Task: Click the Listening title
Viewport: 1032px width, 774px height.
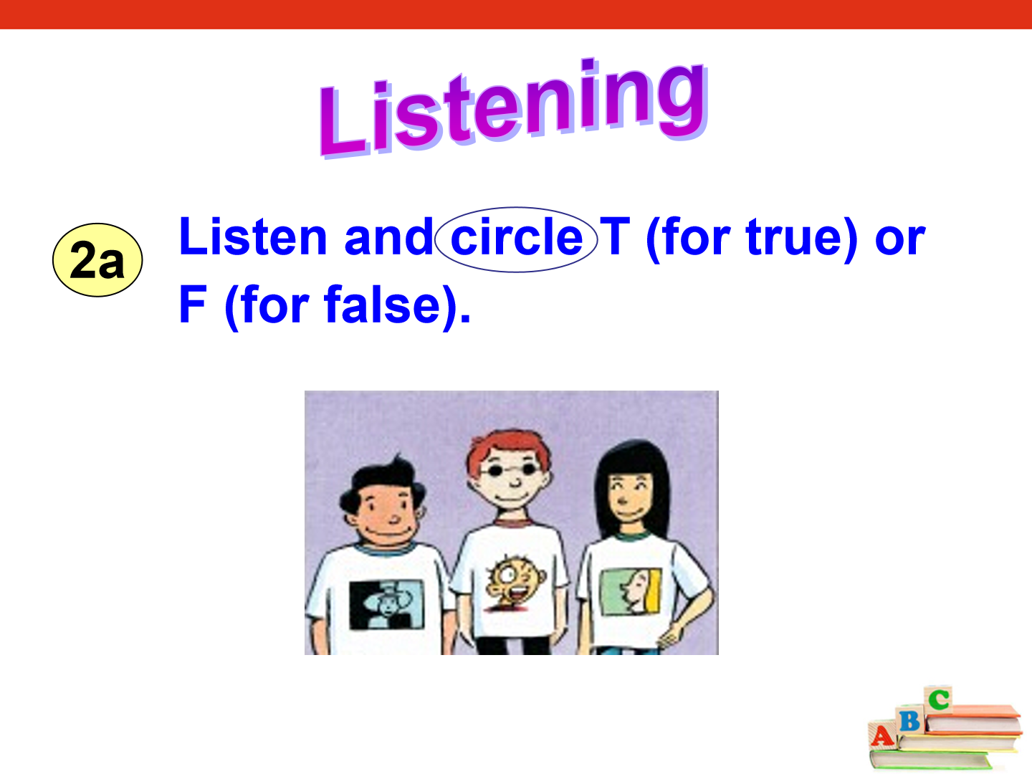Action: (513, 107)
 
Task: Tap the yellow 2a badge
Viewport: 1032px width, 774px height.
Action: (97, 260)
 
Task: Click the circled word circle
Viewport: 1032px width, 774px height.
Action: (516, 238)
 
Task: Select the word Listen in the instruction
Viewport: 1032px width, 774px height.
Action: (253, 236)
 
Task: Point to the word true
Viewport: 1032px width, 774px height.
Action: (795, 237)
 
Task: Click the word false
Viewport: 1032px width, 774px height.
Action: (382, 305)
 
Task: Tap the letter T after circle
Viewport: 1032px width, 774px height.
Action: (615, 236)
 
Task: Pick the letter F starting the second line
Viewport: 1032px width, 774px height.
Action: (193, 305)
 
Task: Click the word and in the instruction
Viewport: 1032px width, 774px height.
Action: (389, 236)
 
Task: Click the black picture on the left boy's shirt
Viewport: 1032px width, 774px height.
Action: (386, 604)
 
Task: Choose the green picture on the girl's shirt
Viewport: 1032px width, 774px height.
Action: (631, 591)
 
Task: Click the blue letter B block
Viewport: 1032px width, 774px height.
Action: (910, 720)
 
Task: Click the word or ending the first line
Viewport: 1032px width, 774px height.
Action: (900, 240)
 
